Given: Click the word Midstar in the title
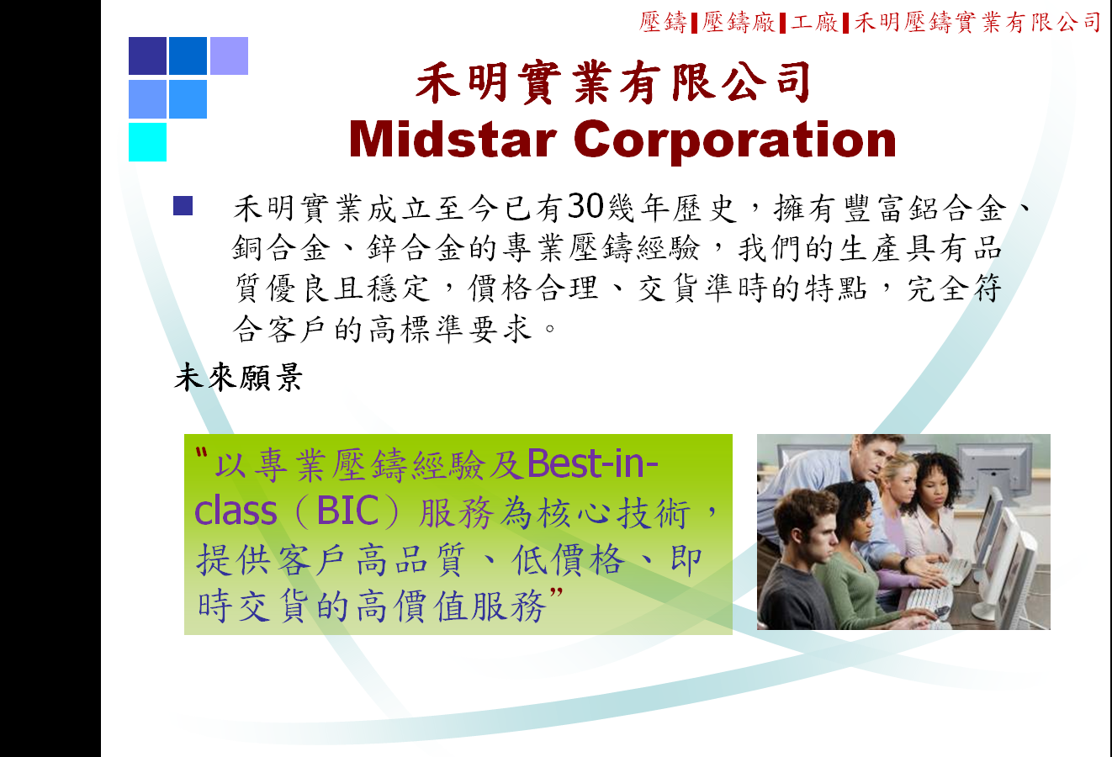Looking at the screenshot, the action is tap(453, 140).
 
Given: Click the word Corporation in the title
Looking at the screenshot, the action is tap(734, 141).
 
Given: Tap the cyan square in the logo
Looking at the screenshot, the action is tap(147, 142).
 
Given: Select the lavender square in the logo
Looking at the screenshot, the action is tap(229, 56).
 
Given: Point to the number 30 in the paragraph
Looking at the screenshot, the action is tap(585, 206).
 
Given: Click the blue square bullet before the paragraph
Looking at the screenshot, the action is tap(183, 206).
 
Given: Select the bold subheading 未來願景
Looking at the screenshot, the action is tap(238, 378).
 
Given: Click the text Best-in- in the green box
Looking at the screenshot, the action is tap(593, 463).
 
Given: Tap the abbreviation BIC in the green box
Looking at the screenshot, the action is tap(347, 511).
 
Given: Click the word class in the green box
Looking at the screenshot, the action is tap(236, 511).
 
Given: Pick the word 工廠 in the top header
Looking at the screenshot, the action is tap(813, 23).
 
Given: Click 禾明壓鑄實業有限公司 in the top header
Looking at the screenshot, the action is tap(977, 23).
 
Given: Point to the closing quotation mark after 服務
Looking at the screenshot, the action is tap(557, 593).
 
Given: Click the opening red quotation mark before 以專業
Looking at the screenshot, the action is tap(201, 453).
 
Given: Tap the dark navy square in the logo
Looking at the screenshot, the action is tap(147, 56).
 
